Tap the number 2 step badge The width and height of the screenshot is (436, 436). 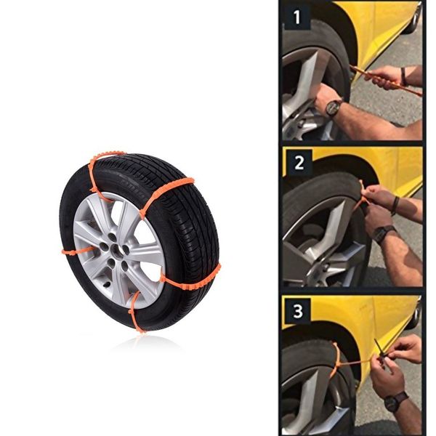coord(298,161)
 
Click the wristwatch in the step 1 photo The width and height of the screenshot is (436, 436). coord(334,108)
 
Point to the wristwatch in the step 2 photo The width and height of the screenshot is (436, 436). coord(384,234)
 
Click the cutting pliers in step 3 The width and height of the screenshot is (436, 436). coord(382,350)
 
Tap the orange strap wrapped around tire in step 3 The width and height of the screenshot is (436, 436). coord(335,360)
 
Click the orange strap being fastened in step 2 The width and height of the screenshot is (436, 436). coord(361,196)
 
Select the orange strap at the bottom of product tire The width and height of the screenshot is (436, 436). coord(134,312)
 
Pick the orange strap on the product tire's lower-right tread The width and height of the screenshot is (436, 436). coord(190,276)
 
